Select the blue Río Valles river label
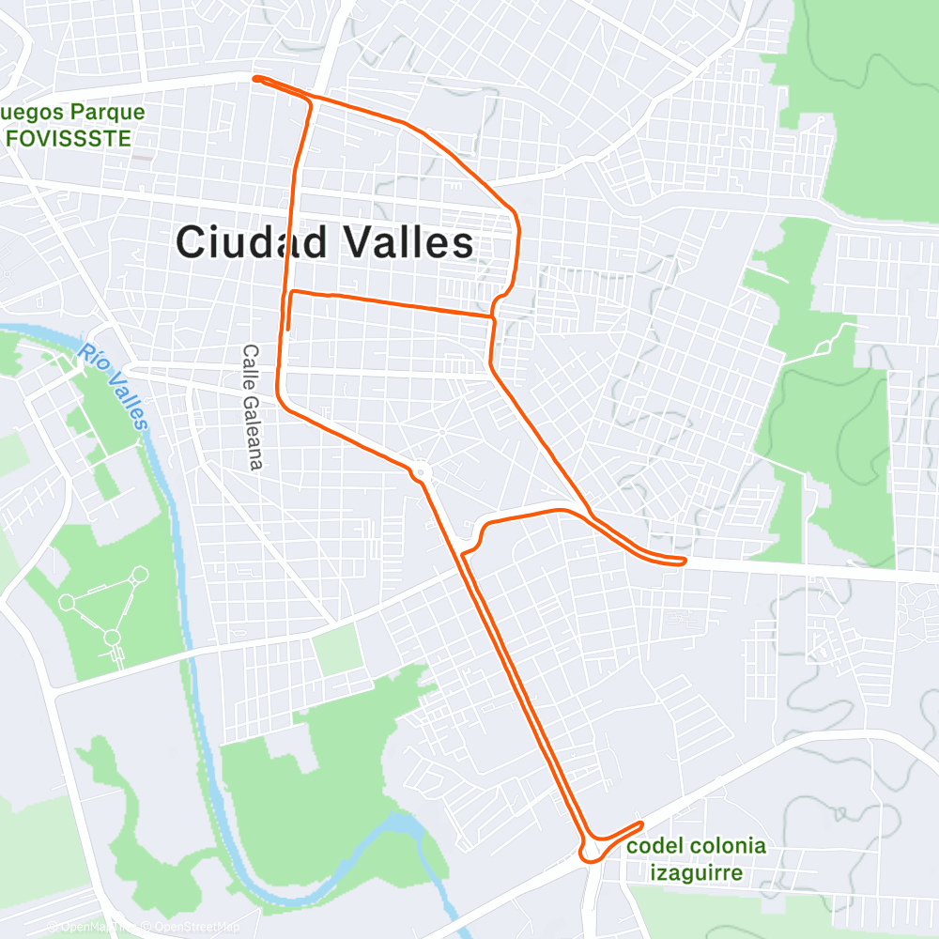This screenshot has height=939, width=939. pyautogui.click(x=114, y=386)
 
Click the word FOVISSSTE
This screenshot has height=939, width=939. pyautogui.click(x=67, y=138)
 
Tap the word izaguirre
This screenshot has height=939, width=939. pyautogui.click(x=696, y=873)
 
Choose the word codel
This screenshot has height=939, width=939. pyautogui.click(x=653, y=846)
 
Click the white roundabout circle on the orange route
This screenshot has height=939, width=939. pyautogui.click(x=420, y=471)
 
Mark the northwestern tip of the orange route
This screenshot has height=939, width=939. pyautogui.click(x=255, y=79)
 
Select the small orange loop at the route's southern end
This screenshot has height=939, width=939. pyautogui.click(x=591, y=849)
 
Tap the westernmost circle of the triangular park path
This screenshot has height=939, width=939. pyautogui.click(x=67, y=602)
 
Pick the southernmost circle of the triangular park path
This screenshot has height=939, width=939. pyautogui.click(x=113, y=639)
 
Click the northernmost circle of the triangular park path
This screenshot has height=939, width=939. pyautogui.click(x=140, y=573)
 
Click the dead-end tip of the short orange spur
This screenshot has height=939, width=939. pyautogui.click(x=287, y=329)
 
